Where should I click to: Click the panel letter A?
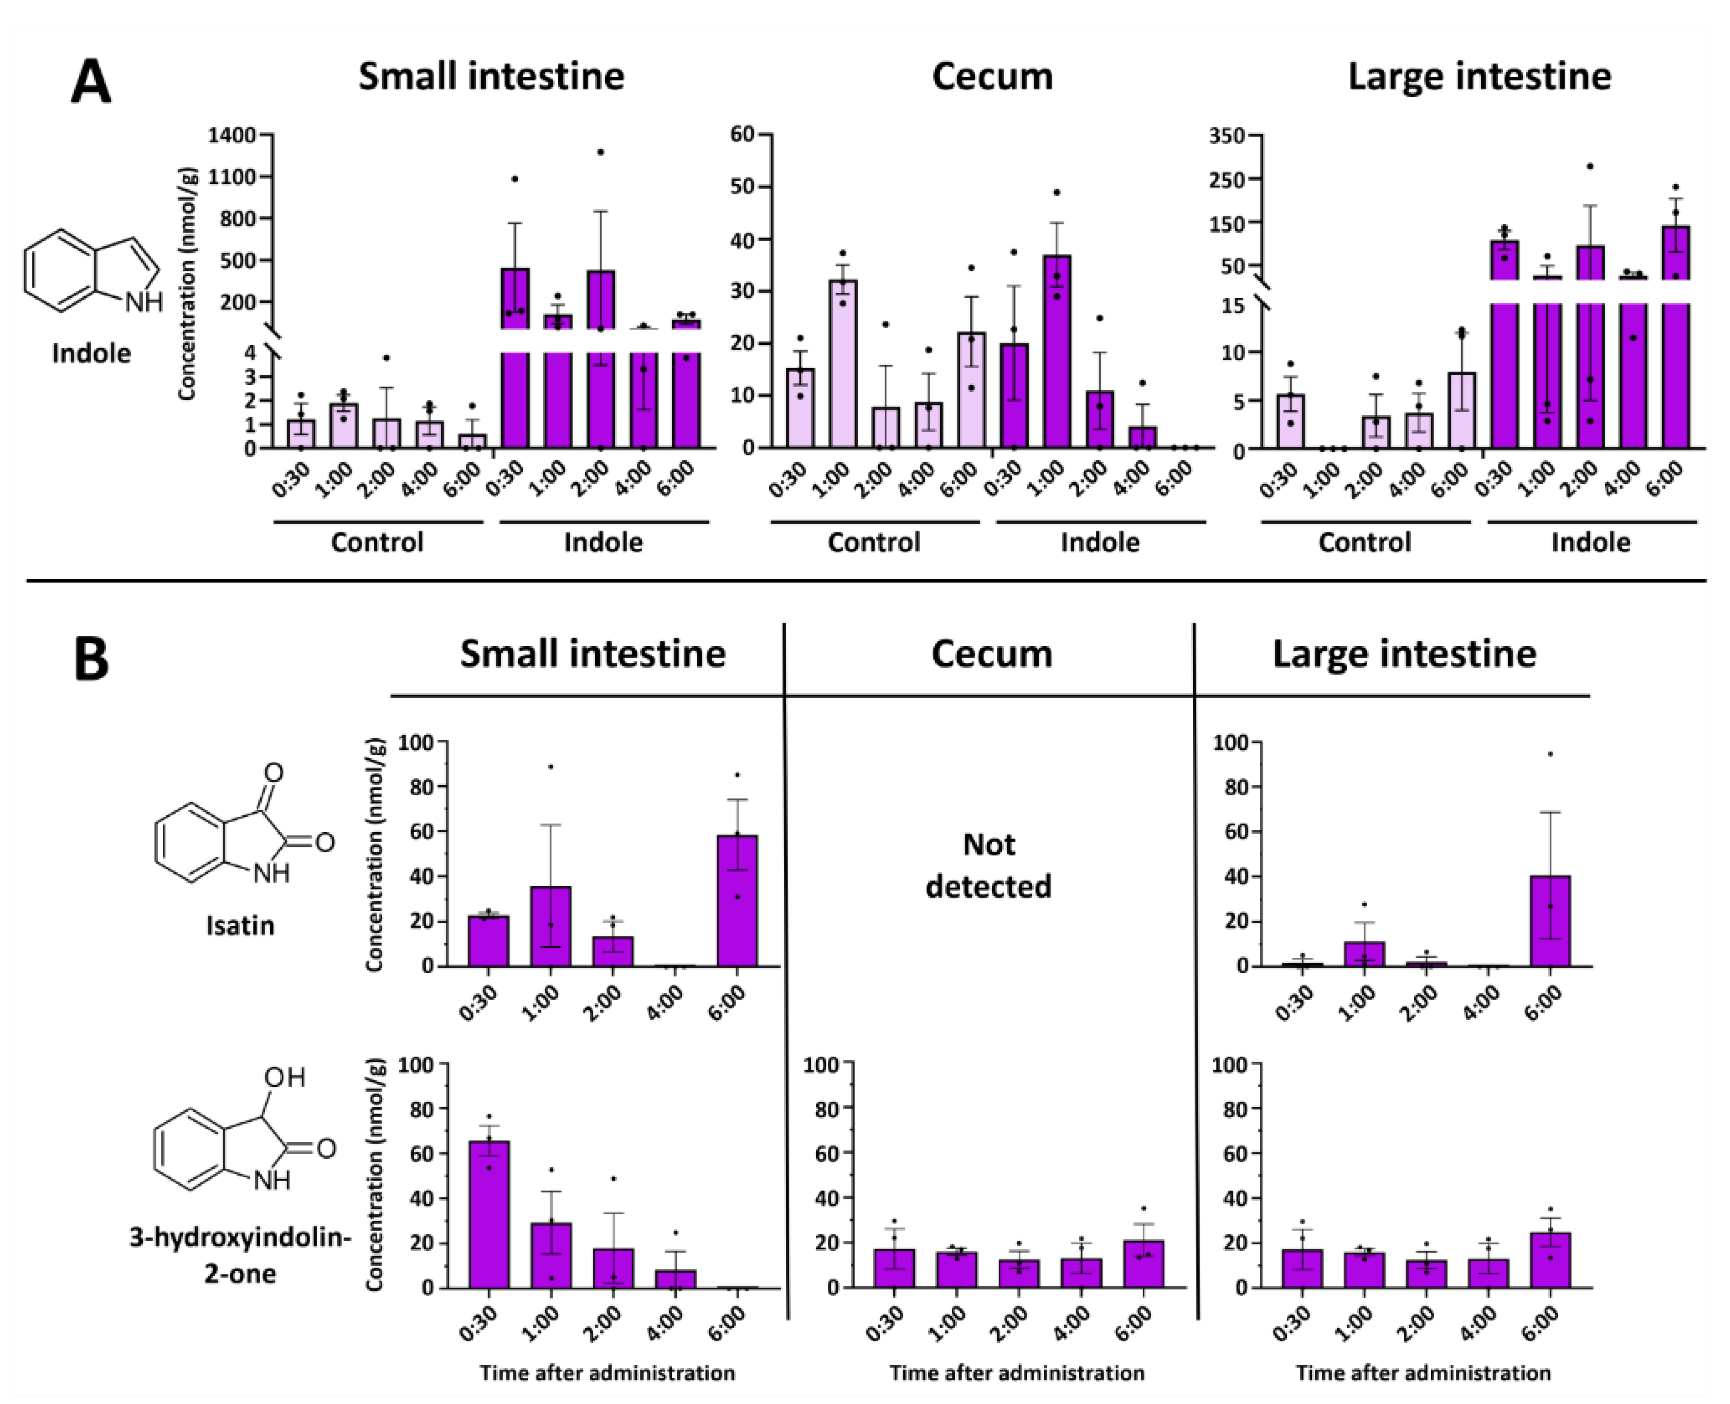[91, 83]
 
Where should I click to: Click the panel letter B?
[91, 660]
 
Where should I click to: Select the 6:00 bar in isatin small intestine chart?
[737, 901]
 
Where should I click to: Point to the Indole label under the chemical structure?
[91, 353]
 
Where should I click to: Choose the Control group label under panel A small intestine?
[377, 542]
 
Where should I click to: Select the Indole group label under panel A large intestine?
[1590, 542]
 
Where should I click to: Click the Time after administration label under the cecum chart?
[1017, 1372]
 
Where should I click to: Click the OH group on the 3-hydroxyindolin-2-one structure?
[285, 1077]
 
